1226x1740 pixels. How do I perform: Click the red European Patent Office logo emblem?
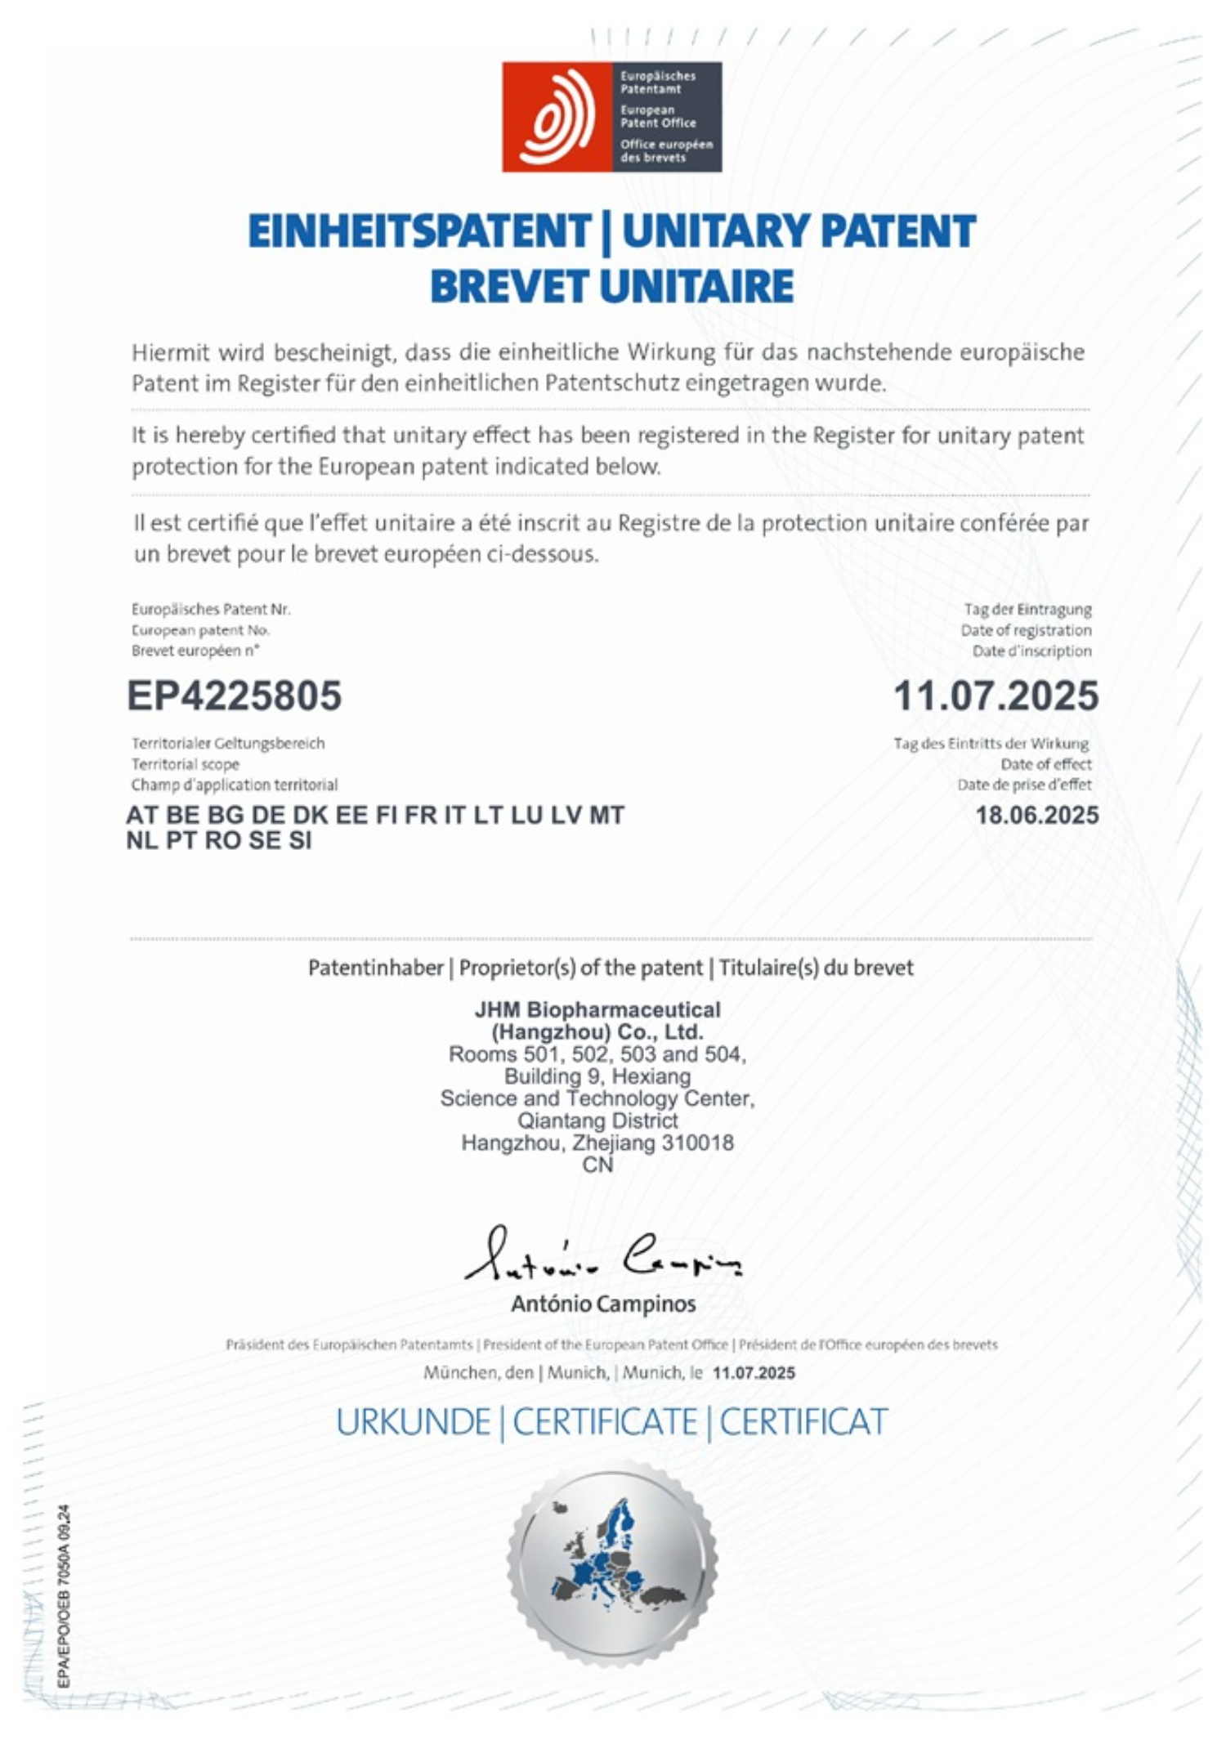(557, 117)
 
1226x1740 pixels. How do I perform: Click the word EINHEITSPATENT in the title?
(418, 231)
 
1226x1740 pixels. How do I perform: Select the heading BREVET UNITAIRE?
(611, 287)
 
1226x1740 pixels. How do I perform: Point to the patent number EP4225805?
(234, 696)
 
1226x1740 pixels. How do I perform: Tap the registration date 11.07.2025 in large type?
(996, 696)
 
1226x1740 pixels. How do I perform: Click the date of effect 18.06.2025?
(1036, 815)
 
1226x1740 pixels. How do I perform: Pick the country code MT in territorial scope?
(606, 815)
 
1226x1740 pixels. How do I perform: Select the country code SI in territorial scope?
(300, 840)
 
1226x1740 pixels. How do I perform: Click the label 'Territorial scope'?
(186, 764)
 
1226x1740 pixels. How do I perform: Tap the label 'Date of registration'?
(1026, 630)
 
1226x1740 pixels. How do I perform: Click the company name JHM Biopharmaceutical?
(597, 1009)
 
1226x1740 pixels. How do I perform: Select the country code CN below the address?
(597, 1165)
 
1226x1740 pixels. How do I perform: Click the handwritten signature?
(603, 1255)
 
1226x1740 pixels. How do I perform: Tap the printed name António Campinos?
(603, 1304)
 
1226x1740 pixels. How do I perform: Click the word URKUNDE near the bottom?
(413, 1423)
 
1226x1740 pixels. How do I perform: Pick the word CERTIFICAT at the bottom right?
(803, 1423)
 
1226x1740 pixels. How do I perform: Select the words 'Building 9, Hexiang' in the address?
(597, 1076)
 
